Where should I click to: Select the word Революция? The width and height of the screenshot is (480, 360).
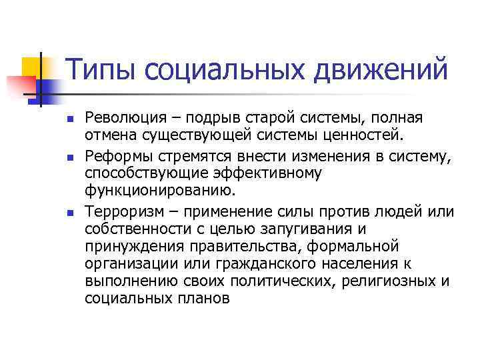125,118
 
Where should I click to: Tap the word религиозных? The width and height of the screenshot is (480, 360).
389,281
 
